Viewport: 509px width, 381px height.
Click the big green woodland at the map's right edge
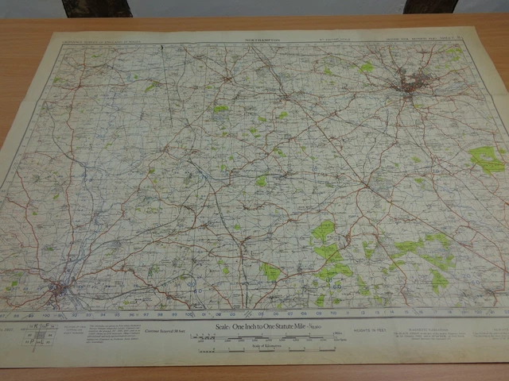point(486,159)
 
